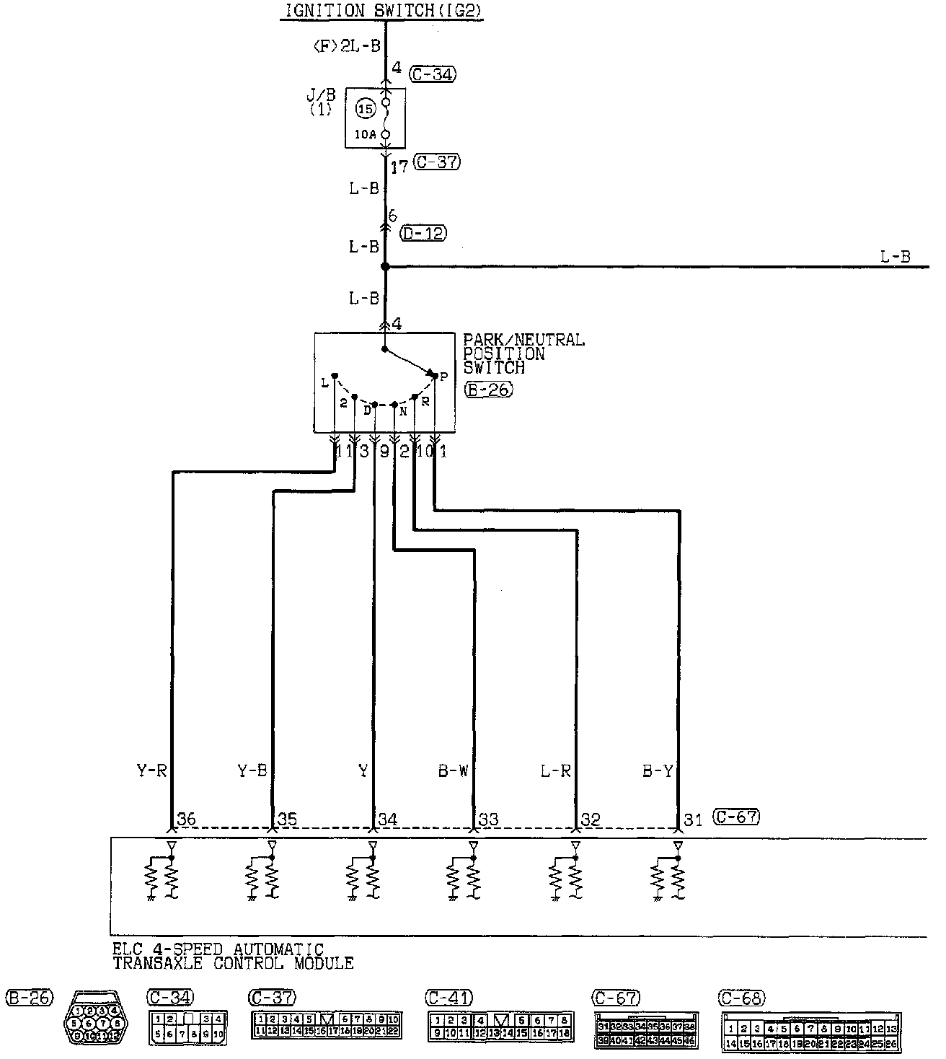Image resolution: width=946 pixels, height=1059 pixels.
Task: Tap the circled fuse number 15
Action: (366, 110)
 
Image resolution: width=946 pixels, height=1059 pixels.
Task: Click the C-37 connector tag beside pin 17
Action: (438, 162)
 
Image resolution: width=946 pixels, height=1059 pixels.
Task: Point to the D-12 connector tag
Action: (423, 233)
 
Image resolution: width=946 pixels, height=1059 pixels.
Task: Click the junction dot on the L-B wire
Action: (385, 267)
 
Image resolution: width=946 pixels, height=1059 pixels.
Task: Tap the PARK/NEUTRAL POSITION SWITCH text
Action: (523, 353)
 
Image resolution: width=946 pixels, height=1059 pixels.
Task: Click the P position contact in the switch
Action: (434, 374)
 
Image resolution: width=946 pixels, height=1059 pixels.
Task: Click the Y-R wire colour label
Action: (151, 771)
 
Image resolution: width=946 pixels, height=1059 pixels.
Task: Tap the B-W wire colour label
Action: (454, 771)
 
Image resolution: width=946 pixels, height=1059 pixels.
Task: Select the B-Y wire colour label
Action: (658, 771)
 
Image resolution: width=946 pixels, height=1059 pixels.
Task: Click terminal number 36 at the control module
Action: (186, 819)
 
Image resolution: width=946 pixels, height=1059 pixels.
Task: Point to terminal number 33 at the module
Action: (489, 819)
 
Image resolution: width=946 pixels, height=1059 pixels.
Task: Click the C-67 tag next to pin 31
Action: (736, 817)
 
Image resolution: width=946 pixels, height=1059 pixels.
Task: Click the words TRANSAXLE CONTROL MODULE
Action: (233, 964)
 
